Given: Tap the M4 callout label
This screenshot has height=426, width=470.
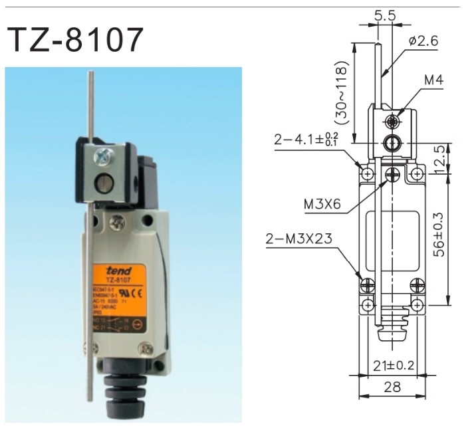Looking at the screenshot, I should (x=434, y=81).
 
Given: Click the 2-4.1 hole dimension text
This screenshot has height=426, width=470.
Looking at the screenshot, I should (x=307, y=140).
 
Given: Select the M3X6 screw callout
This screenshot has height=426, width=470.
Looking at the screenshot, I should (x=323, y=205).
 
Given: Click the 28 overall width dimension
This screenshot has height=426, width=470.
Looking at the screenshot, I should (x=393, y=387).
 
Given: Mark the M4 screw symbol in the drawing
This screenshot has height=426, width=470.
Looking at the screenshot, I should (x=395, y=122).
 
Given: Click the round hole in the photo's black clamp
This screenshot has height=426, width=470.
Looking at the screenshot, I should (x=104, y=183).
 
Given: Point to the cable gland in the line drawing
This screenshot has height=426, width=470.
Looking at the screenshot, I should (x=392, y=325).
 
